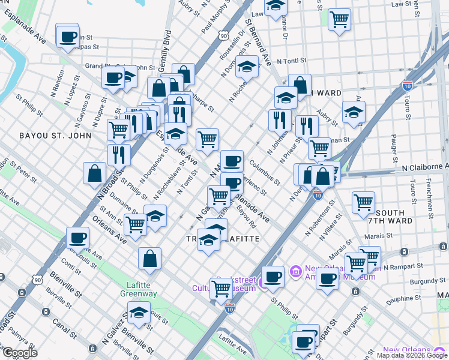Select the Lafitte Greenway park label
point(142,289)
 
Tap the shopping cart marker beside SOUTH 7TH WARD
point(364,203)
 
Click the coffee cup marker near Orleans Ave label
point(77,238)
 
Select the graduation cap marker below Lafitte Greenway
point(139,313)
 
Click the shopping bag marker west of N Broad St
point(95,173)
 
